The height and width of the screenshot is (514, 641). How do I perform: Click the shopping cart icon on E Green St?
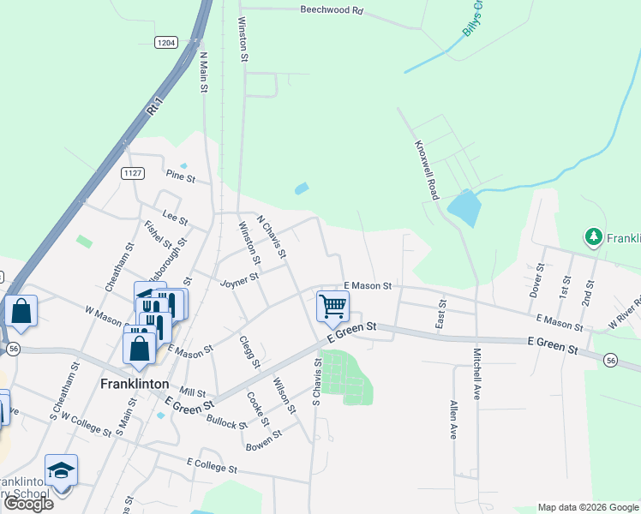point(332,305)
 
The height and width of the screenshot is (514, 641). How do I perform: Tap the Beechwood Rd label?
point(332,11)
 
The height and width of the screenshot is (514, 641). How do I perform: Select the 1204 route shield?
point(166,41)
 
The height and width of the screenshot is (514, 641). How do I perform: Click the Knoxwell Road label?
point(426,170)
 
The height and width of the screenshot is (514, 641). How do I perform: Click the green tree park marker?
point(592,236)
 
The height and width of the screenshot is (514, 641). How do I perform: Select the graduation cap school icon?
point(61,470)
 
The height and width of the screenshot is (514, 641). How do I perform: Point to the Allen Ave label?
point(453,420)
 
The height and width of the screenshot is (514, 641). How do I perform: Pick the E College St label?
point(211,468)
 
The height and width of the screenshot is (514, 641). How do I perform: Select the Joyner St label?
point(239,281)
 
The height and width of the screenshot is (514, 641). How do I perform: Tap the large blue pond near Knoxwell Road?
point(463,208)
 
